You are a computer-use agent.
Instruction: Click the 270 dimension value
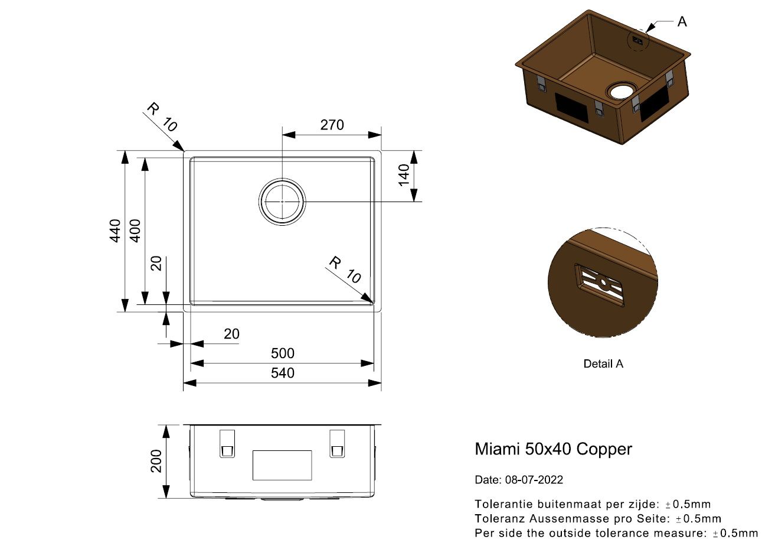pyautogui.click(x=331, y=125)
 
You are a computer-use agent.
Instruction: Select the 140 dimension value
pyautogui.click(x=404, y=176)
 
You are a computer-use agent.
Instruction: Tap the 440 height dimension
pyautogui.click(x=116, y=230)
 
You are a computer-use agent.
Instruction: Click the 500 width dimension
pyautogui.click(x=282, y=353)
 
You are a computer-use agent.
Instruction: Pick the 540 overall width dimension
pyautogui.click(x=282, y=373)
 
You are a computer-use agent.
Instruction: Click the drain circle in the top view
pyautogui.click(x=282, y=201)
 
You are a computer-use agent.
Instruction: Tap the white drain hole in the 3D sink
pyautogui.click(x=622, y=91)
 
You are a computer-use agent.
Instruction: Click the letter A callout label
pyautogui.click(x=682, y=22)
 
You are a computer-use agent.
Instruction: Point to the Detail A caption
pyautogui.click(x=603, y=364)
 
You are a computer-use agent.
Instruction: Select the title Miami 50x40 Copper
pyautogui.click(x=553, y=449)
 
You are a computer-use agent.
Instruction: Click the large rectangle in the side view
pyautogui.click(x=282, y=465)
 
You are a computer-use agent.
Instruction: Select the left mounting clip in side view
pyautogui.click(x=227, y=443)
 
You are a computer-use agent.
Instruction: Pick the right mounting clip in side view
pyautogui.click(x=336, y=443)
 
